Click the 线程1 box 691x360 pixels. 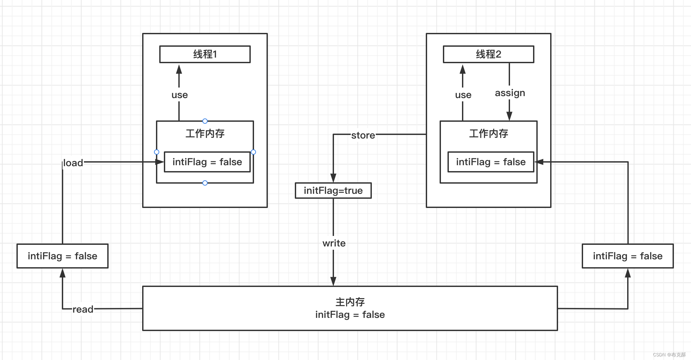tap(205, 54)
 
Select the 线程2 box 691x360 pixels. tap(488, 54)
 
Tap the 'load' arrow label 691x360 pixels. tap(73, 163)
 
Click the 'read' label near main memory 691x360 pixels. tap(83, 309)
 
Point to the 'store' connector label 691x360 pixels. tap(363, 135)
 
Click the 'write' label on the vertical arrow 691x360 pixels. tap(334, 243)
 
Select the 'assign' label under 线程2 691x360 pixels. tap(510, 93)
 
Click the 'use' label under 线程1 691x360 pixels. tap(179, 95)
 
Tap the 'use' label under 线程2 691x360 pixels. tap(463, 95)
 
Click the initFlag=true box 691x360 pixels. tap(333, 191)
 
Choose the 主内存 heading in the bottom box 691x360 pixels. tap(350, 302)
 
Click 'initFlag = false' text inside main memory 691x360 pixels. tap(350, 315)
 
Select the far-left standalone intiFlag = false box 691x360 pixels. tap(63, 256)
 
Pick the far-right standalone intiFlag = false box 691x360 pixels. tap(627, 256)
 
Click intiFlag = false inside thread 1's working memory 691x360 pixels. tap(207, 162)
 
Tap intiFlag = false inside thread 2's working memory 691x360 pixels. tap(491, 162)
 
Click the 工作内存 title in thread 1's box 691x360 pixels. tap(205, 134)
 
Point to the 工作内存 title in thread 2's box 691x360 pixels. tap(488, 134)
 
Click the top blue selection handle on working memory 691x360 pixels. tap(205, 121)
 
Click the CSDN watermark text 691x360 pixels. tap(669, 355)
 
